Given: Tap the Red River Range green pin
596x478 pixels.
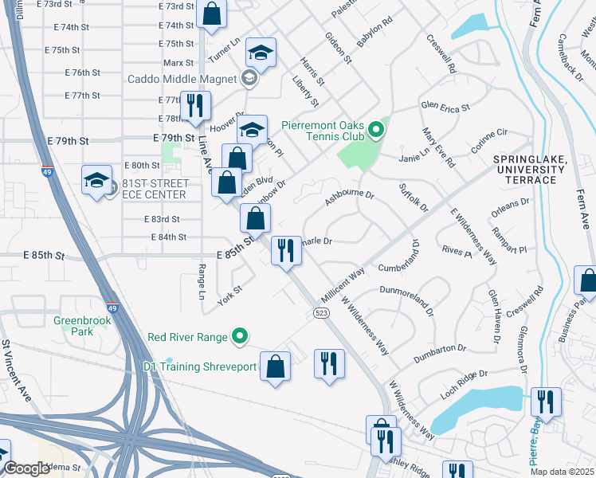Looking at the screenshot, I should pos(237,338).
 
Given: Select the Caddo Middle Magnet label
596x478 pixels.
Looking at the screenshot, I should pos(182,79).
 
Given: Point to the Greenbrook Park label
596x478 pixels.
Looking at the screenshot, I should pos(75,325).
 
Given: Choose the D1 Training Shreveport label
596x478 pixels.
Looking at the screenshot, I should pos(202,366).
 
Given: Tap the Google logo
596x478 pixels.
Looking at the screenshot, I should pos(26,469).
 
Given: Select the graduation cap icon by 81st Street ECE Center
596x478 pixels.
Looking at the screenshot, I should pos(96,180).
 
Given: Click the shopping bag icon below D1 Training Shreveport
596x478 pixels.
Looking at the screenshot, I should pos(275,366).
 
